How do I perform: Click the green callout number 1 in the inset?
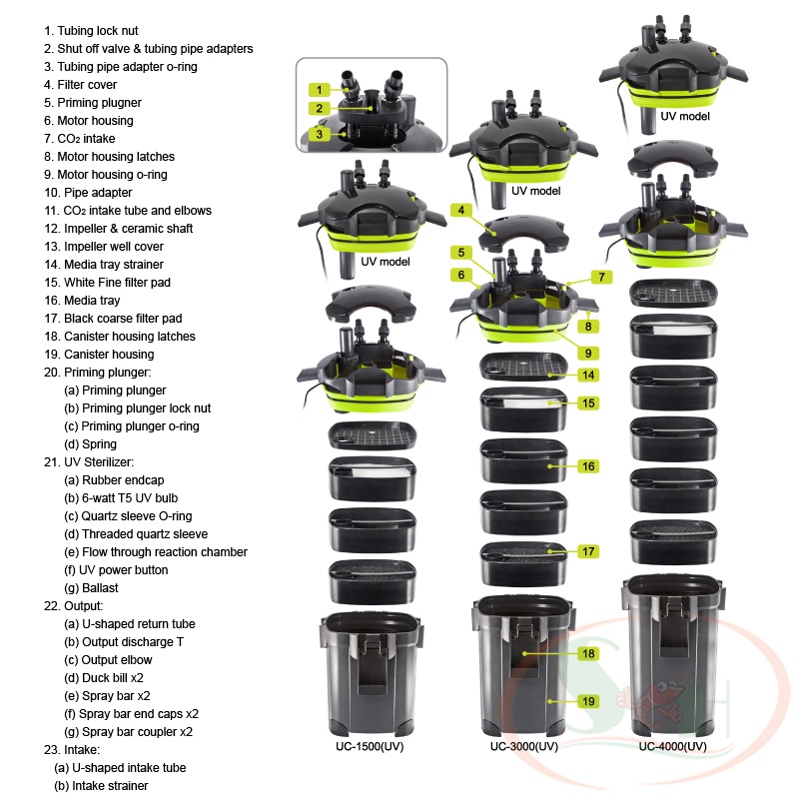[319, 89]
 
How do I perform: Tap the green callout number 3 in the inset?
[319, 133]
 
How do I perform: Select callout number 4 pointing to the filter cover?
[461, 210]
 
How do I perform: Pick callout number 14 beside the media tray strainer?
[588, 375]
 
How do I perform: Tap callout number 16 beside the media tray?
[588, 465]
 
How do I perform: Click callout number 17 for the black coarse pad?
[588, 551]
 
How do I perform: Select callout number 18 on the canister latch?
[588, 653]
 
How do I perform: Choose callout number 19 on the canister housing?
[588, 701]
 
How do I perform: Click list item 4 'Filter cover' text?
[80, 85]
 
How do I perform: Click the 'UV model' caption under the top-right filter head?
[685, 116]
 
